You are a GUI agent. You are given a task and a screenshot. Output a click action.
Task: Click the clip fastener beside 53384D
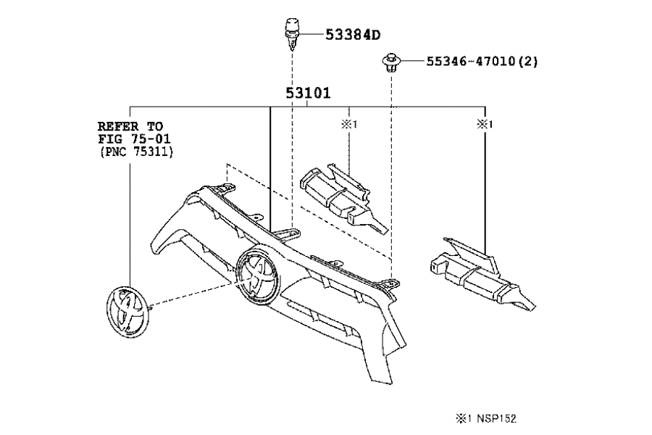[290, 33]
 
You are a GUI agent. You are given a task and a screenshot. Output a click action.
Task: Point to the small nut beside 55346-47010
[391, 63]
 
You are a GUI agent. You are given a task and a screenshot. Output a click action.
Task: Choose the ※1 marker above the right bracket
[484, 125]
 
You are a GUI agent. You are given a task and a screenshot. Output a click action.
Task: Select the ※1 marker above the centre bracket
[349, 125]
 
